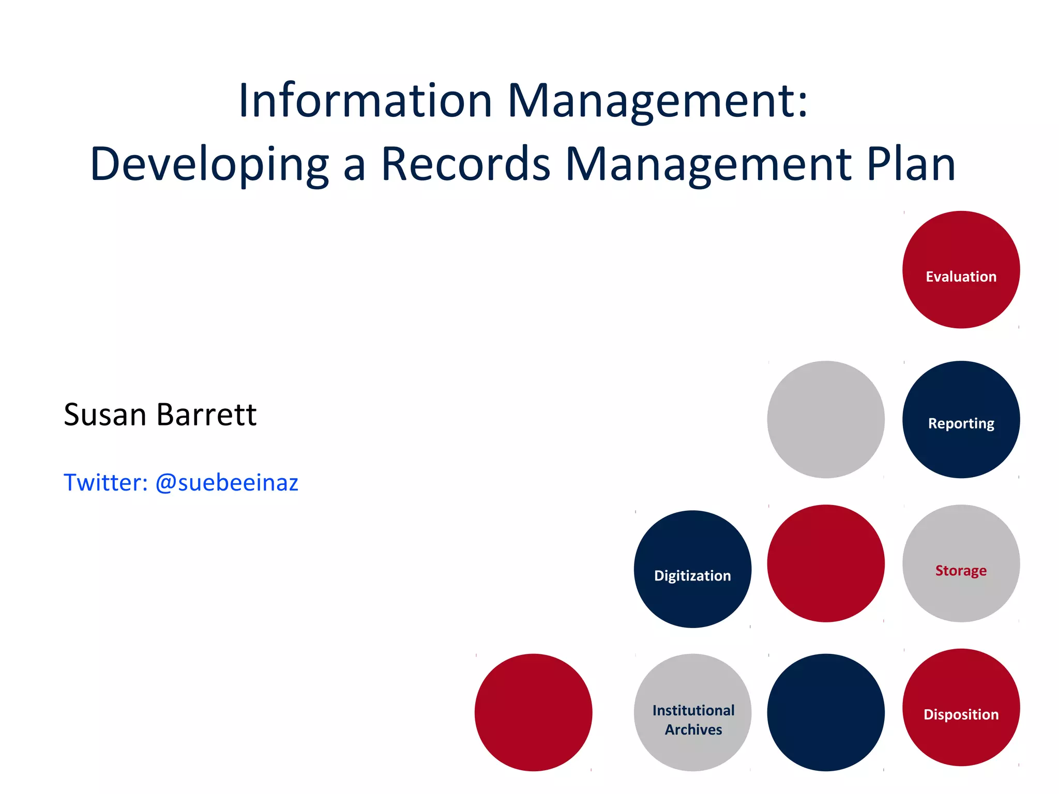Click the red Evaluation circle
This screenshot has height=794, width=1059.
961,269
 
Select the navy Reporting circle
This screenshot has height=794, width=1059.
961,419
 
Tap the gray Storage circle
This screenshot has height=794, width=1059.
961,563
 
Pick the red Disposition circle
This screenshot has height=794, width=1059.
961,707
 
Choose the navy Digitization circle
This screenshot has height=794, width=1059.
692,569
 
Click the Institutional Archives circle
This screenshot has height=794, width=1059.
692,712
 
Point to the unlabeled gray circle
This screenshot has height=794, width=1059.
826,419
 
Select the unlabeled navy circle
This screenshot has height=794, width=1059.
826,712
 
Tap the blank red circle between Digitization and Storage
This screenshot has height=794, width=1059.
826,563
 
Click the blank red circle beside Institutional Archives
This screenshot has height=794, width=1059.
533,712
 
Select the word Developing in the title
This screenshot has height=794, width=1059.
209,164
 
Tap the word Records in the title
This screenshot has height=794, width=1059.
466,164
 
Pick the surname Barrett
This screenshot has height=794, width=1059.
206,415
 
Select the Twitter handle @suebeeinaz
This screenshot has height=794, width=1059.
226,483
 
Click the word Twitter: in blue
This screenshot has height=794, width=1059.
105,483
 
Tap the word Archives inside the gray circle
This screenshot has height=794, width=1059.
693,729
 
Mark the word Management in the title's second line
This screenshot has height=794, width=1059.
708,164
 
